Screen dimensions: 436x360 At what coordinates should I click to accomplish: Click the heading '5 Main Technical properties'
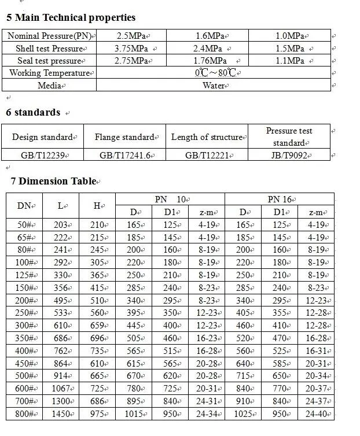(x=71, y=18)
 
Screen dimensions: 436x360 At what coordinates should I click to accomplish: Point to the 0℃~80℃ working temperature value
(x=215, y=73)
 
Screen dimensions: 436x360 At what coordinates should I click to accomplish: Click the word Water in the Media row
(x=213, y=86)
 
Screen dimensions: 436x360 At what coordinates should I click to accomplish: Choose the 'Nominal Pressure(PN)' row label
(x=50, y=36)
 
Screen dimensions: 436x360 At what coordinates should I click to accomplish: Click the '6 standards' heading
(x=33, y=112)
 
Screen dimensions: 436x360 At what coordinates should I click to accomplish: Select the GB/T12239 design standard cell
(x=42, y=155)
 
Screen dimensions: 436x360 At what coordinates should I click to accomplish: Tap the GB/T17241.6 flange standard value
(x=125, y=155)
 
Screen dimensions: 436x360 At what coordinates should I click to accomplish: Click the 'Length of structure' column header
(x=206, y=137)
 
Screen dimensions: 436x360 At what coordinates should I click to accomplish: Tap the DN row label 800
(x=24, y=415)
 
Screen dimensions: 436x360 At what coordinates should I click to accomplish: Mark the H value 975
(x=97, y=415)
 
